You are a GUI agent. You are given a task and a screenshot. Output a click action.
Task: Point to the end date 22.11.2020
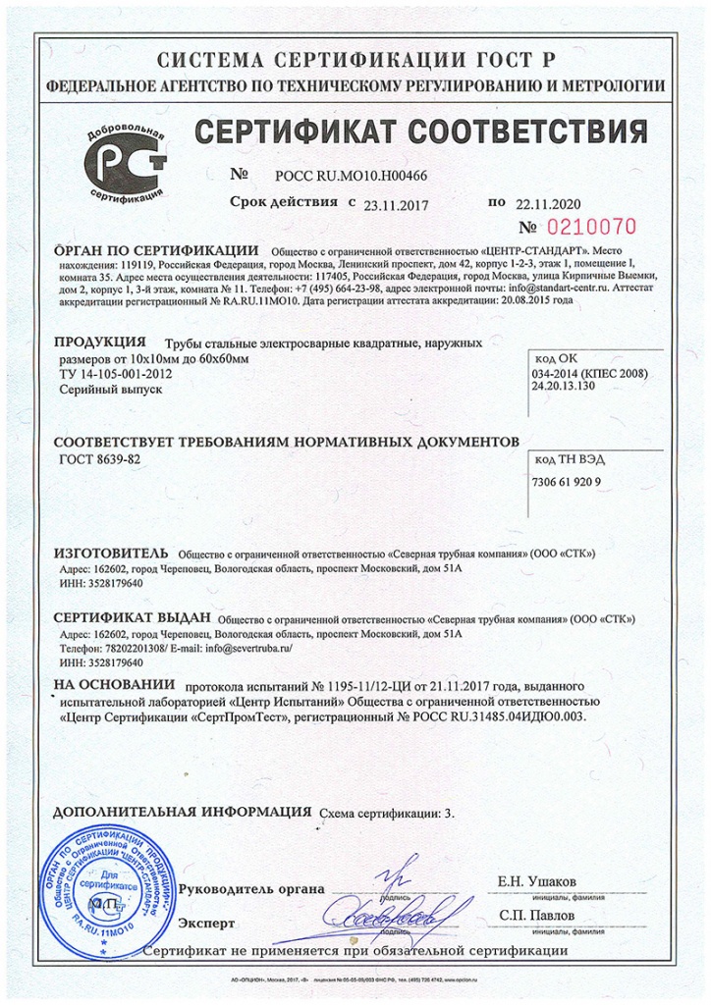pos(548,204)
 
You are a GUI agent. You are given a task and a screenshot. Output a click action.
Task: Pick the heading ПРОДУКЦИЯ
pos(100,343)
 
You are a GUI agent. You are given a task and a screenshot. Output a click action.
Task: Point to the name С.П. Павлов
pos(537,915)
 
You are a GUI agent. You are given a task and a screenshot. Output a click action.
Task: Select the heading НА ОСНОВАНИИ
pos(114,684)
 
